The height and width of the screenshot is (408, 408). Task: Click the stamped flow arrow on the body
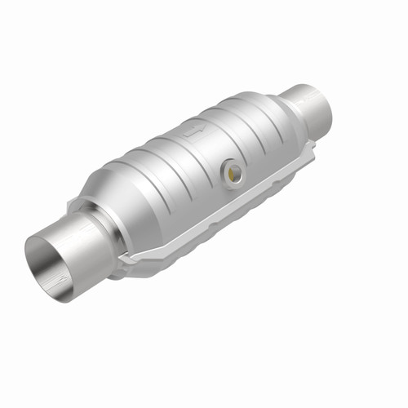coord(193,130)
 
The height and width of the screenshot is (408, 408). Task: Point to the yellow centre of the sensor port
coord(235,171)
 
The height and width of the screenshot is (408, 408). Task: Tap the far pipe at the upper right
coord(308,106)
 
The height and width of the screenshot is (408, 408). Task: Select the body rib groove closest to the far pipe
coord(261,122)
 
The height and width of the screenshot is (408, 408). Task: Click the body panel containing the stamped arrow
coord(196,143)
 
